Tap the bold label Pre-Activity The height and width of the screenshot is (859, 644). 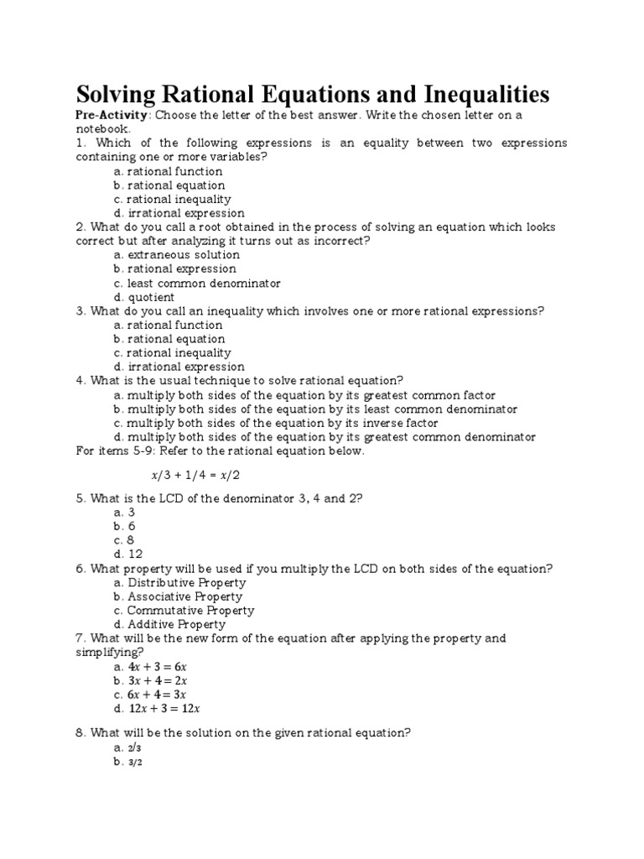[112, 115]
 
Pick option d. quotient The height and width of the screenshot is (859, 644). [143, 297]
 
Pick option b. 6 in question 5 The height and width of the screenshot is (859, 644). [126, 526]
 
